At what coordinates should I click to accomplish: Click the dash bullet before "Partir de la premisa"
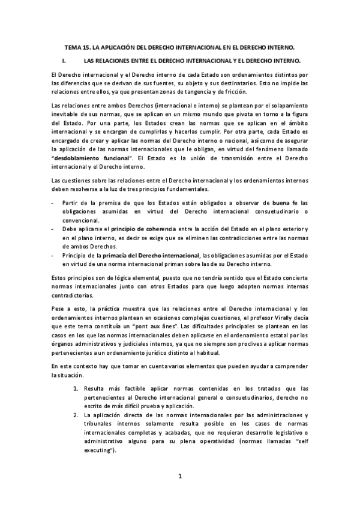tap(54, 203)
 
